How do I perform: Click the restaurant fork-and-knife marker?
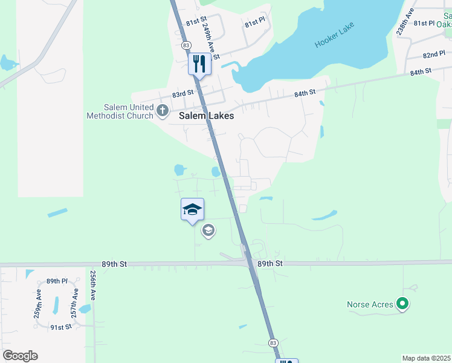click(x=199, y=64)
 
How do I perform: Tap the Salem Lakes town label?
click(x=206, y=116)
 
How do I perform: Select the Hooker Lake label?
click(x=335, y=36)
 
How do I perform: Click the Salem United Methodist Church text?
click(x=120, y=111)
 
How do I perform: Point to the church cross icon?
click(x=162, y=110)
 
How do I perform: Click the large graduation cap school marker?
click(x=192, y=210)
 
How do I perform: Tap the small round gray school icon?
click(x=208, y=230)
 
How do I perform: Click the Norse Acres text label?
click(x=370, y=304)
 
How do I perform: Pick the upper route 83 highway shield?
click(x=186, y=45)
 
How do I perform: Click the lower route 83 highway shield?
click(x=274, y=343)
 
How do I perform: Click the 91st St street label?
click(x=61, y=327)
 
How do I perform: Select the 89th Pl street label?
click(x=57, y=281)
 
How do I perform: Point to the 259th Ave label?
click(x=38, y=302)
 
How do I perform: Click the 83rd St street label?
click(x=182, y=94)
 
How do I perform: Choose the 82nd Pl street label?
click(x=434, y=54)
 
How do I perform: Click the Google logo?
click(x=20, y=356)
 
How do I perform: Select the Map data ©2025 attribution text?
click(x=426, y=358)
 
